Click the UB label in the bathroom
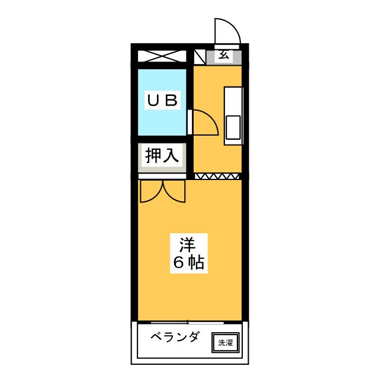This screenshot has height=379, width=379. [162, 100]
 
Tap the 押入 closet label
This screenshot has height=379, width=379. [162, 155]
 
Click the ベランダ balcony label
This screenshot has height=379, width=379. [175, 336]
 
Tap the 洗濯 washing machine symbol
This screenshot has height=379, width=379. [226, 342]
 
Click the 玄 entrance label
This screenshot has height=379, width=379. [223, 56]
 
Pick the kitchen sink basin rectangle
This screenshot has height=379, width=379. [233, 128]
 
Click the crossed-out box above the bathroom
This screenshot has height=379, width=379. [162, 56]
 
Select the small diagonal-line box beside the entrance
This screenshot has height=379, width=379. [200, 57]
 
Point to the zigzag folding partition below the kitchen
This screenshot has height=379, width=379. [217, 176]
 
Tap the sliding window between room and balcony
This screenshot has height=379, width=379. [188, 322]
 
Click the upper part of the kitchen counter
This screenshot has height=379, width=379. [233, 101]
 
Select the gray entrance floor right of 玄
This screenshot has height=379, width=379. [237, 57]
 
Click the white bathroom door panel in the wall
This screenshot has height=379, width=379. [189, 122]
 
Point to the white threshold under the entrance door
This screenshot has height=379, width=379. [227, 47]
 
